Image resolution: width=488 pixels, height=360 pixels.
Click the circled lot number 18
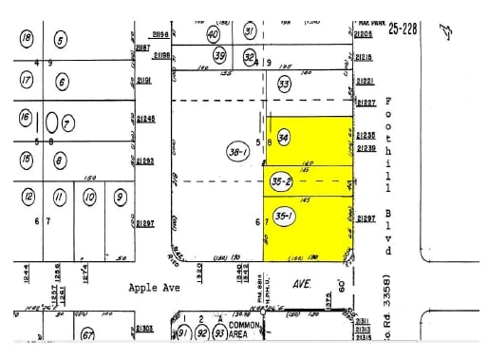click(27, 38)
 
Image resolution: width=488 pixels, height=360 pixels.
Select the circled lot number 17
click(27, 82)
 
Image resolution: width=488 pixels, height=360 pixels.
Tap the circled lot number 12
click(29, 198)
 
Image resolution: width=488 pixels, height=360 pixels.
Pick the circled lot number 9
click(120, 198)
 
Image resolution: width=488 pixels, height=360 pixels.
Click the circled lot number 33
click(284, 84)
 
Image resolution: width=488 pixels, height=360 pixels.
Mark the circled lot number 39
click(220, 56)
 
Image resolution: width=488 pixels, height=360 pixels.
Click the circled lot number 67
click(86, 334)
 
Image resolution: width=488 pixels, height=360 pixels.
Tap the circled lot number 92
click(201, 332)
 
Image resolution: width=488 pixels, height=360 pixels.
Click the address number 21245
click(145, 118)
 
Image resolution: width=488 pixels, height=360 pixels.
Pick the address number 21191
click(144, 82)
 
